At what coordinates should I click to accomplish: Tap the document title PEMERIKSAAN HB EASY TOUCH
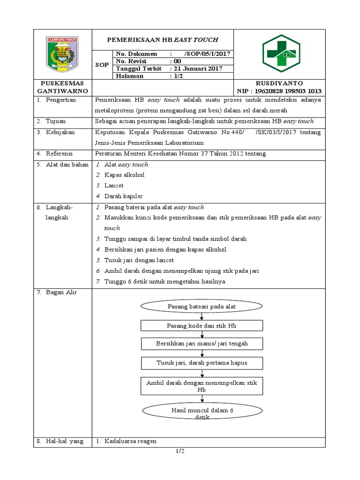pyautogui.click(x=162, y=40)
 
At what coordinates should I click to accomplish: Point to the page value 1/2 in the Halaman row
pyautogui.click(x=176, y=75)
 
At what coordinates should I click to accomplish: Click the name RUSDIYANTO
pyautogui.click(x=279, y=83)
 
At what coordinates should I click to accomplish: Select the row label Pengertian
pyautogui.click(x=60, y=100)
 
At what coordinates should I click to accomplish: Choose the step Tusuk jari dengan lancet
pyautogui.click(x=139, y=260)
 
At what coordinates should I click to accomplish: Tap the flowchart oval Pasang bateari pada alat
pyautogui.click(x=202, y=307)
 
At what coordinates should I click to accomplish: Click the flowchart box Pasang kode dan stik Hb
pyautogui.click(x=202, y=325)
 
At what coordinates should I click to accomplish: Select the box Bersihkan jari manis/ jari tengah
pyautogui.click(x=202, y=344)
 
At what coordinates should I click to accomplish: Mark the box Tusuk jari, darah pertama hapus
pyautogui.click(x=202, y=363)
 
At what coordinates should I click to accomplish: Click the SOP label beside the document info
pyautogui.click(x=102, y=65)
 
